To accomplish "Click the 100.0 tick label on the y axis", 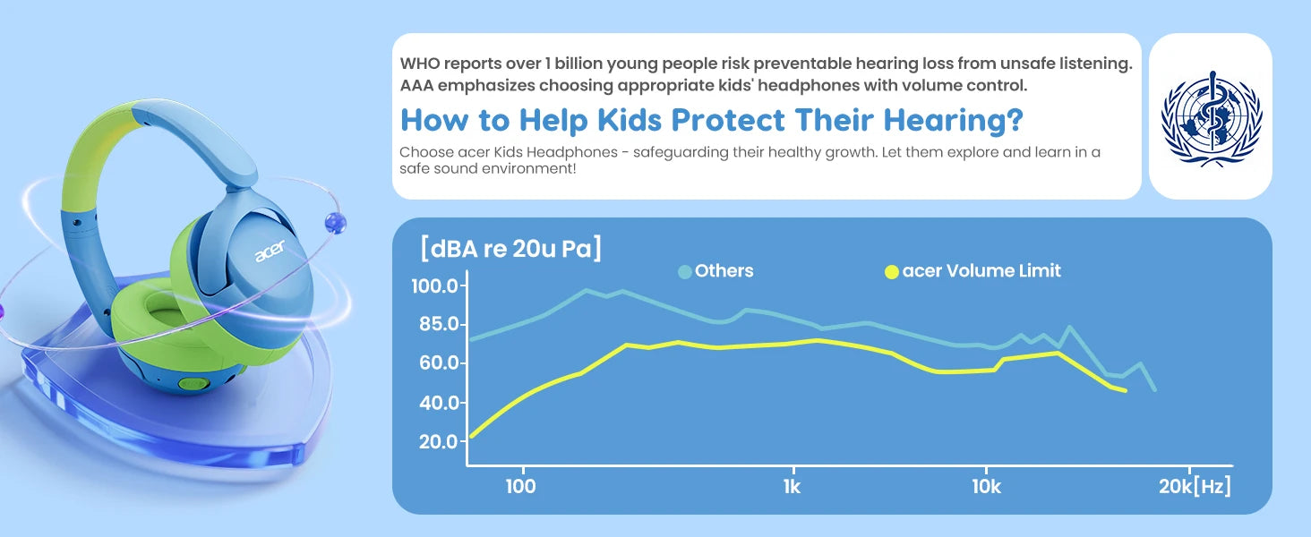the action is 434,286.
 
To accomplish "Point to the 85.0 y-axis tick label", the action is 439,324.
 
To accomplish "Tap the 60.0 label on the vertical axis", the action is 439,363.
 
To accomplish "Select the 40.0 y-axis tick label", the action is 439,403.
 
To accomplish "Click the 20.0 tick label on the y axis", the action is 439,441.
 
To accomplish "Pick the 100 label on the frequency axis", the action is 521,487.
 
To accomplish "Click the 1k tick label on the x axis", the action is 792,487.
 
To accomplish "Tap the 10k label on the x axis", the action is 987,487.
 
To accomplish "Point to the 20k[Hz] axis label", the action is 1195,486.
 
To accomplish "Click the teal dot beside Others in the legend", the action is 685,272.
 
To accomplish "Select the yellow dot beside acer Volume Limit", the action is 891,272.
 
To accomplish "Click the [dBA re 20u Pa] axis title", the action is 511,249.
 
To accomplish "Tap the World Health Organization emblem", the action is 1212,119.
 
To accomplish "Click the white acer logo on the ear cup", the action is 270,251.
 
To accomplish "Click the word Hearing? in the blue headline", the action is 954,120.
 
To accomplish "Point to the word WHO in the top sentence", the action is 419,64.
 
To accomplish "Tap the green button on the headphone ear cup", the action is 193,384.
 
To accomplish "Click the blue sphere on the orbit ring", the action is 335,223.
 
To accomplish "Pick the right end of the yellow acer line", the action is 1125,391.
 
